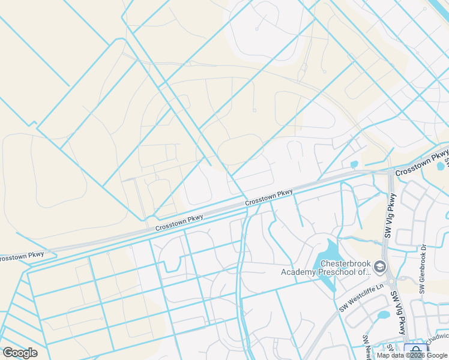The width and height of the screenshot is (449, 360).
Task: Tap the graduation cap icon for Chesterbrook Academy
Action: pyautogui.click(x=379, y=266)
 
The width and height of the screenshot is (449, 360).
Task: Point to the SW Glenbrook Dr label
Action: pyautogui.click(x=423, y=278)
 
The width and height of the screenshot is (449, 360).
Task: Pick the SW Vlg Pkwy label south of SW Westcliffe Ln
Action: pyautogui.click(x=399, y=313)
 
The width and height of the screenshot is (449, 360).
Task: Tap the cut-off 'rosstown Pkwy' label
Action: pyautogui.click(x=21, y=256)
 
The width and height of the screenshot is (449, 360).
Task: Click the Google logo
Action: pyautogui.click(x=20, y=353)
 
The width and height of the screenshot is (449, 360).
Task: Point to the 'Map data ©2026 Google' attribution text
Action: pyautogui.click(x=412, y=355)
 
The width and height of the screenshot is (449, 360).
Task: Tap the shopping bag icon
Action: pyautogui.click(x=414, y=351)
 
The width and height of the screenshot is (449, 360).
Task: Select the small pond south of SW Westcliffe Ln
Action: pyautogui.click(x=383, y=315)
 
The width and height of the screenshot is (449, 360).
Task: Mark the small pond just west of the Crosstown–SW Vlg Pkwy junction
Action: pyautogui.click(x=354, y=164)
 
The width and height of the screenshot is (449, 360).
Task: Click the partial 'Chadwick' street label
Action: pyautogui.click(x=438, y=340)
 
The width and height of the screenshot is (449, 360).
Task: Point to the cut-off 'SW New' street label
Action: pyautogui.click(x=366, y=347)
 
